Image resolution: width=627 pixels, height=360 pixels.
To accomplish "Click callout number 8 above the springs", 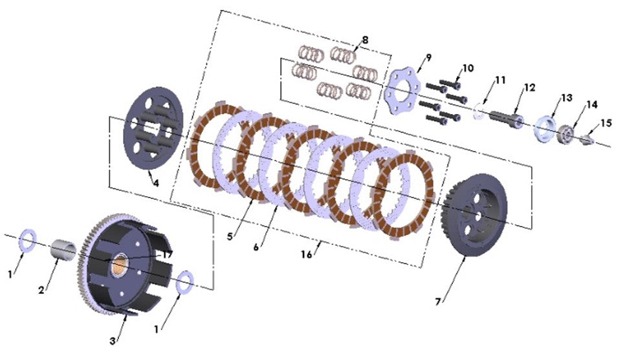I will click(x=366, y=40).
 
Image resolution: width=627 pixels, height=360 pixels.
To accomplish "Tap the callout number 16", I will click(x=307, y=254).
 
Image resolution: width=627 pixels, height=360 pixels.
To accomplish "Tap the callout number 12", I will click(x=530, y=87).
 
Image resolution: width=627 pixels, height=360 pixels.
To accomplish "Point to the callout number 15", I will click(x=605, y=122).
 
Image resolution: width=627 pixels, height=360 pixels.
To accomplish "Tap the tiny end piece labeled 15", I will click(x=590, y=137).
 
